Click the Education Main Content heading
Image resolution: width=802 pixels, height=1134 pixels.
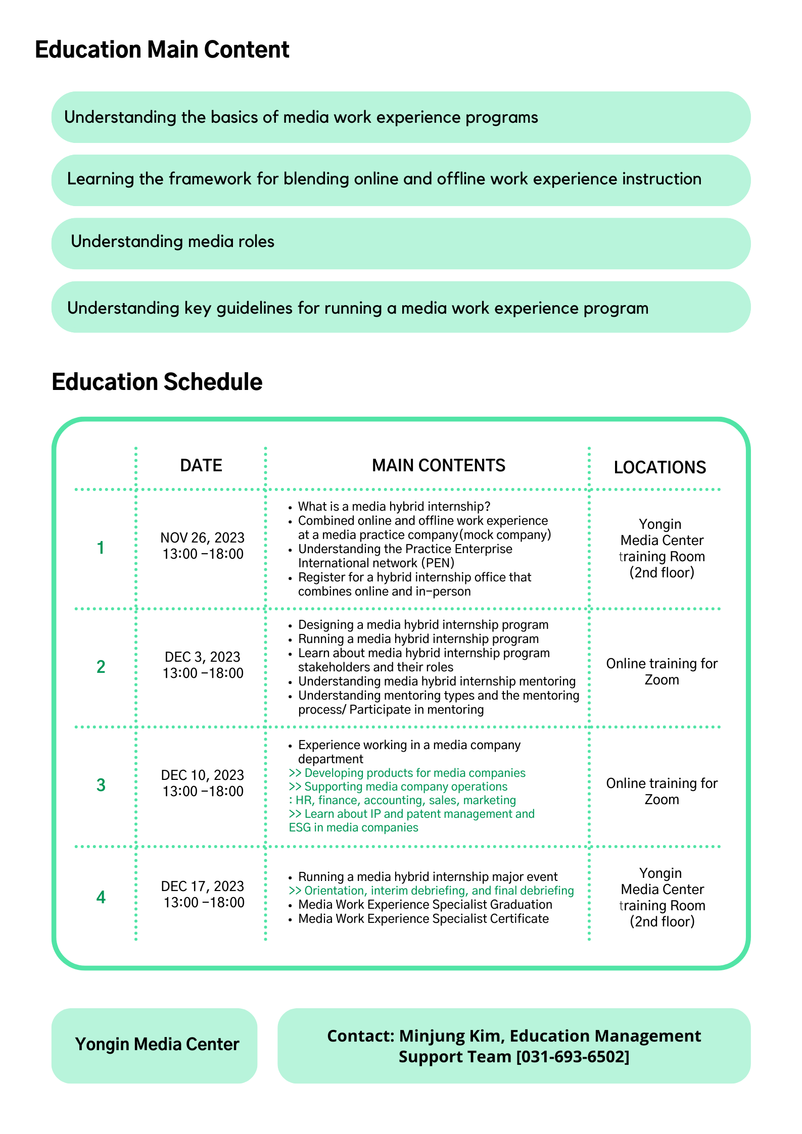tap(162, 50)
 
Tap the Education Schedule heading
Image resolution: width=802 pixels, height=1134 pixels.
tap(157, 382)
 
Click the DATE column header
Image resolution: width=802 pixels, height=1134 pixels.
tap(201, 465)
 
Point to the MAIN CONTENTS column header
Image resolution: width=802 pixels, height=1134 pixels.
tap(438, 465)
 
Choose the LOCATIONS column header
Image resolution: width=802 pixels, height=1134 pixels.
tap(659, 467)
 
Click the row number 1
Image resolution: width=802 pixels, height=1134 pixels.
tap(101, 548)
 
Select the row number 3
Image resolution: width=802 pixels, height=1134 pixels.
tap(101, 785)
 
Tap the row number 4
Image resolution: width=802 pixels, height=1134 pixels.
tap(101, 897)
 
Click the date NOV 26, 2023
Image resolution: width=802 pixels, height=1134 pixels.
tap(202, 537)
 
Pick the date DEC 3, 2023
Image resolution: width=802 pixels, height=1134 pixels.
tap(202, 657)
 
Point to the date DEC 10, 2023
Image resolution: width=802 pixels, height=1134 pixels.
tap(202, 775)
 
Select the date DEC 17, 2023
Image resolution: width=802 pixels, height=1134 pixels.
tap(202, 886)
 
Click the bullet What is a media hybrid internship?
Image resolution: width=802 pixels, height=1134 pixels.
tap(394, 506)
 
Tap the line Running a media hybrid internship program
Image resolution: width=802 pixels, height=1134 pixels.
tap(418, 638)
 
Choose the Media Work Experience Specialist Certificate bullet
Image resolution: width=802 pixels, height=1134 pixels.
tap(423, 918)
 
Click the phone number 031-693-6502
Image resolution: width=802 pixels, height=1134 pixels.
tap(573, 1056)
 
